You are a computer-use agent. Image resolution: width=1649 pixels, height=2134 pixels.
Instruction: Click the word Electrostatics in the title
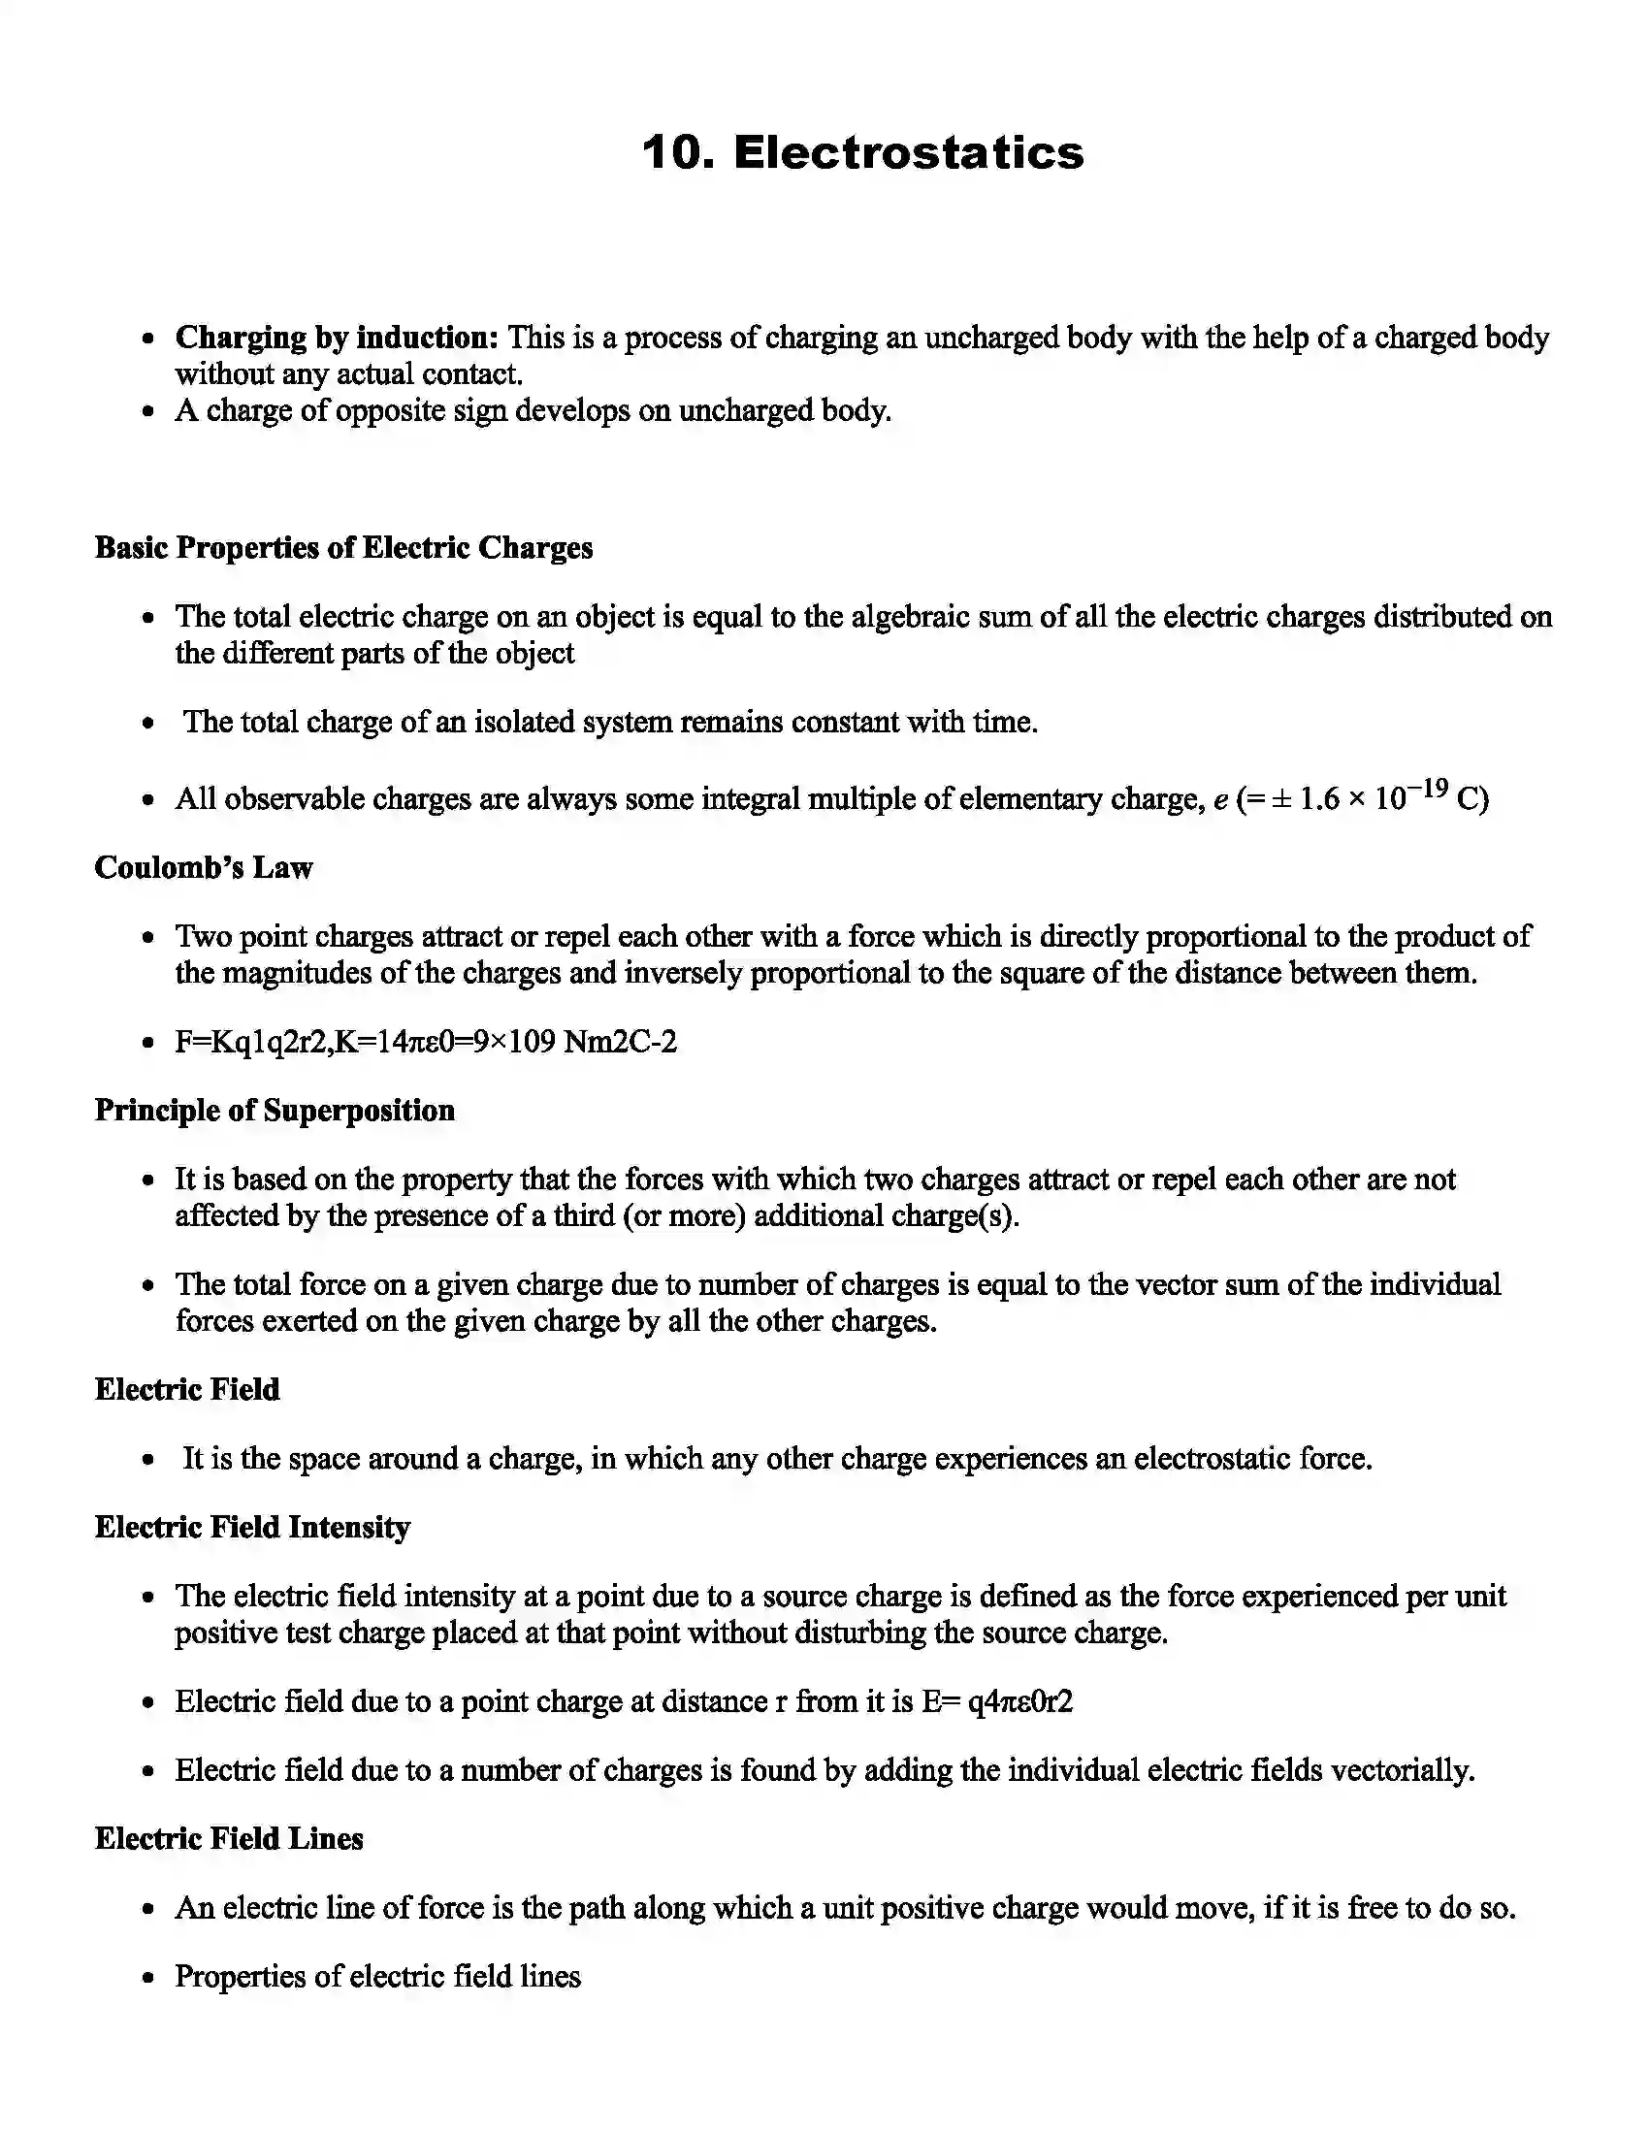pos(909,153)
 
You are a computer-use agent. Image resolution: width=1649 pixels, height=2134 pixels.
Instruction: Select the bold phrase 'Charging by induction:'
pos(337,339)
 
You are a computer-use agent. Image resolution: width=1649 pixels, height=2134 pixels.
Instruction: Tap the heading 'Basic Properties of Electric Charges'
pos(344,547)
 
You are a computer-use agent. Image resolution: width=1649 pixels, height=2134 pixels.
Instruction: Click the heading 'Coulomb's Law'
pos(203,868)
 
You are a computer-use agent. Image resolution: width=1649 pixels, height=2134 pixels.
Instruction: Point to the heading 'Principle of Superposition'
pos(275,1111)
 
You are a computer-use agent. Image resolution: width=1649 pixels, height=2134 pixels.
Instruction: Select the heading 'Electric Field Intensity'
pos(252,1527)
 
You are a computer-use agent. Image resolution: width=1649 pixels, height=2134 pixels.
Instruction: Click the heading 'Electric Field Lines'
pos(229,1839)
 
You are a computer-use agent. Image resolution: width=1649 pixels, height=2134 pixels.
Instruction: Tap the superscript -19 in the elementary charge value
pos(1428,790)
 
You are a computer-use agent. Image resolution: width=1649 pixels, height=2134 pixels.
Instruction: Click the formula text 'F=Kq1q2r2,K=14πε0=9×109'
pos(366,1043)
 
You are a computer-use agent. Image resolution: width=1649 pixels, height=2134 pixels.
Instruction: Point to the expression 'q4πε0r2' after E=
pos(1018,1702)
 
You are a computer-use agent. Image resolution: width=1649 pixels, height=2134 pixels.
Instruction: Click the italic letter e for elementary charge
pos(1220,801)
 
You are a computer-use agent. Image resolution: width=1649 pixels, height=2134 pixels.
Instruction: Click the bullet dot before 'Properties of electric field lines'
pos(148,1978)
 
